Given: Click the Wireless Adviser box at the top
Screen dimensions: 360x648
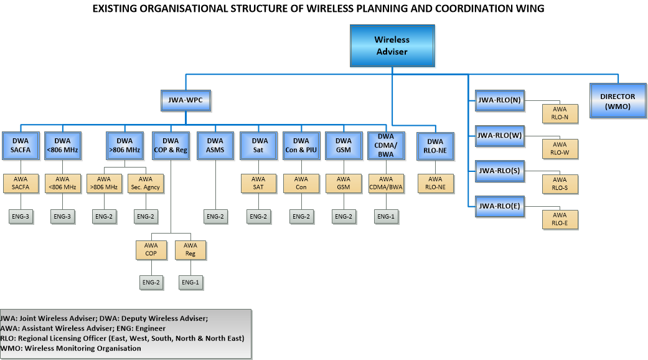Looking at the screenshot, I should (x=392, y=45).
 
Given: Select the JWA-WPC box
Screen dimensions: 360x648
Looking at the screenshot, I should (x=185, y=100).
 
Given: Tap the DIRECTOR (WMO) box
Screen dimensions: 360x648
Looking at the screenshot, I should (x=617, y=101).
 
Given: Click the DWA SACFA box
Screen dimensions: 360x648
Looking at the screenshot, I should (x=21, y=145).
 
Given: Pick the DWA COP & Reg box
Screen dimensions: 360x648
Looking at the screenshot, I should (x=170, y=145).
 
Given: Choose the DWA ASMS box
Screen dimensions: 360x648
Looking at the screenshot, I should (x=215, y=145).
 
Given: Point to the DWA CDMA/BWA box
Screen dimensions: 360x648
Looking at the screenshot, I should (x=386, y=145).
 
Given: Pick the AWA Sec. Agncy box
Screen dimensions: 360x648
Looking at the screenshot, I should (x=145, y=184).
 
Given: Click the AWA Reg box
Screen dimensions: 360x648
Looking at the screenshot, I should (x=190, y=250).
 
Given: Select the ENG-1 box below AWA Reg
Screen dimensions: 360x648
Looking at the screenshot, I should (x=190, y=283).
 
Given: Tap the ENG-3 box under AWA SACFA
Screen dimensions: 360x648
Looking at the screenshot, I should (x=21, y=216).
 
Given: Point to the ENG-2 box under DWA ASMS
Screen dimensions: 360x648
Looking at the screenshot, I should (x=215, y=216).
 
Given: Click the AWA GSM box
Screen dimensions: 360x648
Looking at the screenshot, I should (x=343, y=184).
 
